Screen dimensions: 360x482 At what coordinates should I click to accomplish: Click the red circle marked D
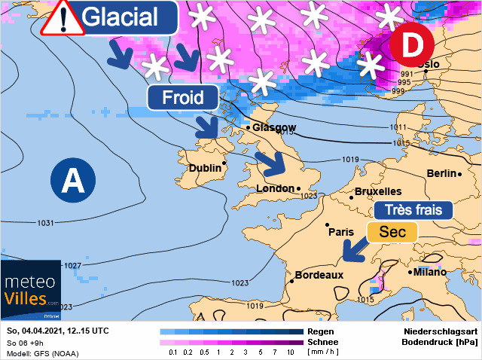[411, 46]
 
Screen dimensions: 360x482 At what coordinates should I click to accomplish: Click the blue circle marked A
[73, 181]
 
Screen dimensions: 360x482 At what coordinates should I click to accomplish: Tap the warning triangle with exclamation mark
[62, 18]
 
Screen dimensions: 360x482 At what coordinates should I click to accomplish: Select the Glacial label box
[129, 17]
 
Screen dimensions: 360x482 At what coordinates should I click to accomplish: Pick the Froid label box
[183, 97]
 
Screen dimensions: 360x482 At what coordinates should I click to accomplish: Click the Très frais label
[413, 210]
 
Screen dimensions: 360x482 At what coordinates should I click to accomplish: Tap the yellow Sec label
[392, 232]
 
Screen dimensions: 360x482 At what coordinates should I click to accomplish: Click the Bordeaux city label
[319, 276]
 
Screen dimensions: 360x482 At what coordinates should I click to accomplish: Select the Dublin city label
[205, 168]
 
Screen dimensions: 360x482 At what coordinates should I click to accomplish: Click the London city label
[276, 188]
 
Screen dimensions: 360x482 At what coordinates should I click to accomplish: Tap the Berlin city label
[441, 173]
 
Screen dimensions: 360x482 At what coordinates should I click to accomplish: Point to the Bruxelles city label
[378, 191]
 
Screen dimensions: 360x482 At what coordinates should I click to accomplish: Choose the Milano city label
[429, 272]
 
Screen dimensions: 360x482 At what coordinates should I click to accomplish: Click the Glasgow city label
[274, 127]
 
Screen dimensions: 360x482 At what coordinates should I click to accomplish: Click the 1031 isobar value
[46, 223]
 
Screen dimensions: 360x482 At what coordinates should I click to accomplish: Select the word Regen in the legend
[321, 331]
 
